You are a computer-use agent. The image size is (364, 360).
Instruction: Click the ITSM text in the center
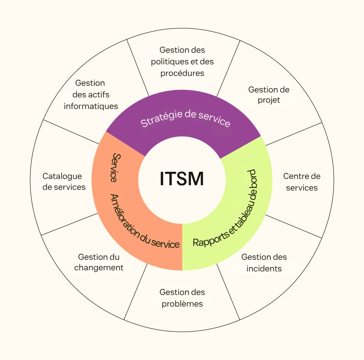click(182, 179)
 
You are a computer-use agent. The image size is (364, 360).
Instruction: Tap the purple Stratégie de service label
click(186, 118)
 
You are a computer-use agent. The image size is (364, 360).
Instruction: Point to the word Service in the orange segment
click(114, 167)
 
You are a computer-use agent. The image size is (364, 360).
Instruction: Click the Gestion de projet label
click(269, 95)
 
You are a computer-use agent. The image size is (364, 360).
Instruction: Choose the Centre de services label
click(302, 182)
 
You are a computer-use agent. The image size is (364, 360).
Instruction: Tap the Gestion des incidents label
click(264, 263)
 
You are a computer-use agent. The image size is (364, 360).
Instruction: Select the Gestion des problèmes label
click(182, 298)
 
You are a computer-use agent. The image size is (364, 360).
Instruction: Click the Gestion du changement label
click(99, 262)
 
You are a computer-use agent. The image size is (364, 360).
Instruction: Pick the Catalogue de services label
click(64, 181)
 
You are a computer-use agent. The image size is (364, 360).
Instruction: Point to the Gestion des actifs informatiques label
click(90, 95)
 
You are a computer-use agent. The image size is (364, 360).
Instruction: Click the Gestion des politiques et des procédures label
click(182, 62)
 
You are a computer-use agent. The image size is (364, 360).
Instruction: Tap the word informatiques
click(91, 106)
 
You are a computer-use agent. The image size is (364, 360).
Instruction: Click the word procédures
click(182, 73)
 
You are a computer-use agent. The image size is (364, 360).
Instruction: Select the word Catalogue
click(62, 176)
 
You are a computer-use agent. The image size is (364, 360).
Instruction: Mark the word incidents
click(264, 269)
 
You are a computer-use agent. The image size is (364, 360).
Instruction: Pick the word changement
click(99, 268)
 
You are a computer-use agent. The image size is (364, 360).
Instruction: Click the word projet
click(269, 100)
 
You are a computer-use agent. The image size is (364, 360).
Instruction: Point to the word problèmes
click(182, 304)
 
